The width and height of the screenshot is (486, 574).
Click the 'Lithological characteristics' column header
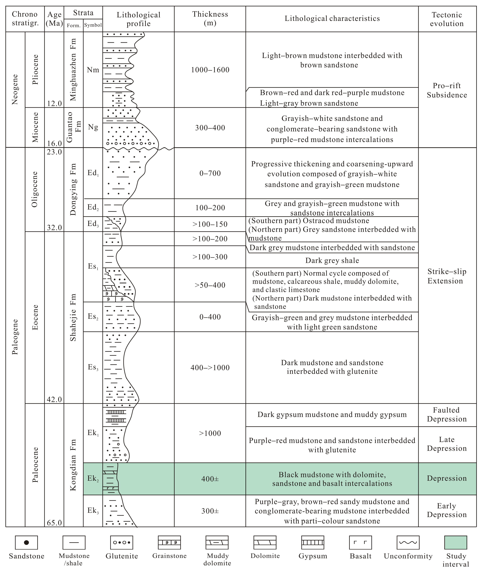tap(332, 18)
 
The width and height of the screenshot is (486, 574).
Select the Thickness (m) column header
tap(210, 18)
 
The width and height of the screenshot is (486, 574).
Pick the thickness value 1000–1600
tap(210, 70)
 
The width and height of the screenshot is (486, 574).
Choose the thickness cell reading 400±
tap(210, 479)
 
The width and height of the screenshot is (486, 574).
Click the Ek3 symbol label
tap(93, 511)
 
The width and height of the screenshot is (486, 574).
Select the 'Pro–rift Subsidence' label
tap(447, 90)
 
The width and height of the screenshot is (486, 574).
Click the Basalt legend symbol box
tap(360, 543)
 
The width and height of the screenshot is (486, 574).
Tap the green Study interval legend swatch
tap(456, 543)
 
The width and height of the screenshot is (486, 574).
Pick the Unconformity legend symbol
tap(408, 543)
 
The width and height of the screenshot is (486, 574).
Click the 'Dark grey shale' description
tap(332, 261)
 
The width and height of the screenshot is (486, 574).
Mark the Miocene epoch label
tap(35, 127)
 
